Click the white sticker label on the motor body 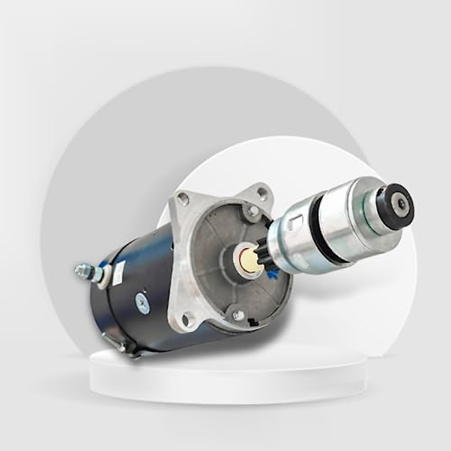[x=120, y=270]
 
